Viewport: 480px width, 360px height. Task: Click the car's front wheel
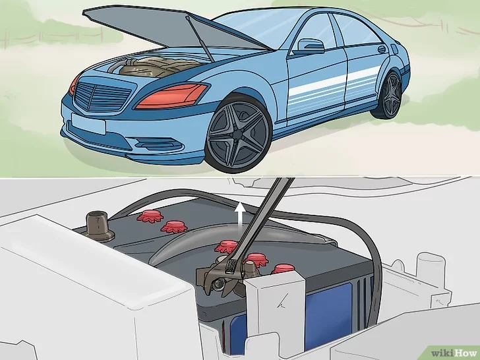tap(238, 134)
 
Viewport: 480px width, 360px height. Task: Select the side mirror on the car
tap(310, 47)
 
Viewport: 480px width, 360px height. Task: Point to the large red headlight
tap(171, 96)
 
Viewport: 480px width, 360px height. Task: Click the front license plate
tap(88, 124)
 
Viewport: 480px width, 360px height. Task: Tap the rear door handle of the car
tap(381, 49)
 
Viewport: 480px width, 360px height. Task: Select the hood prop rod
tap(200, 39)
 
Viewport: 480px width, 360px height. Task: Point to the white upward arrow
tap(241, 214)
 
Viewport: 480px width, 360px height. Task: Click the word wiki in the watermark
tap(442, 353)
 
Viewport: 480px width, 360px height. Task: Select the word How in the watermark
tap(465, 353)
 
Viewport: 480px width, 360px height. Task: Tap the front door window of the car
tap(315, 34)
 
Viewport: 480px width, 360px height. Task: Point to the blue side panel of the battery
tap(328, 315)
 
